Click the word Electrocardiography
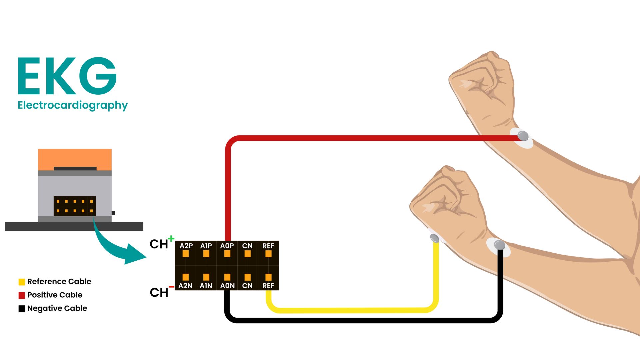point(72,105)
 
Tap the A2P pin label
point(186,246)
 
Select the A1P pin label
point(206,246)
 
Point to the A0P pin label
point(227,246)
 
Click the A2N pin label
point(185,286)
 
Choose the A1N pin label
point(206,286)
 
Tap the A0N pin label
point(227,286)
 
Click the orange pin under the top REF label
point(268,254)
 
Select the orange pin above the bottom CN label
point(247,277)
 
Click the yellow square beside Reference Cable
point(22,282)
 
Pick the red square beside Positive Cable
point(22,295)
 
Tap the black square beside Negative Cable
point(22,309)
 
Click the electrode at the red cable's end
point(523,136)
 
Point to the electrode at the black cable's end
point(499,245)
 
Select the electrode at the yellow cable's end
point(434,238)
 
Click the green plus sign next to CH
point(171,239)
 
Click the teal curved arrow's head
point(135,255)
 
